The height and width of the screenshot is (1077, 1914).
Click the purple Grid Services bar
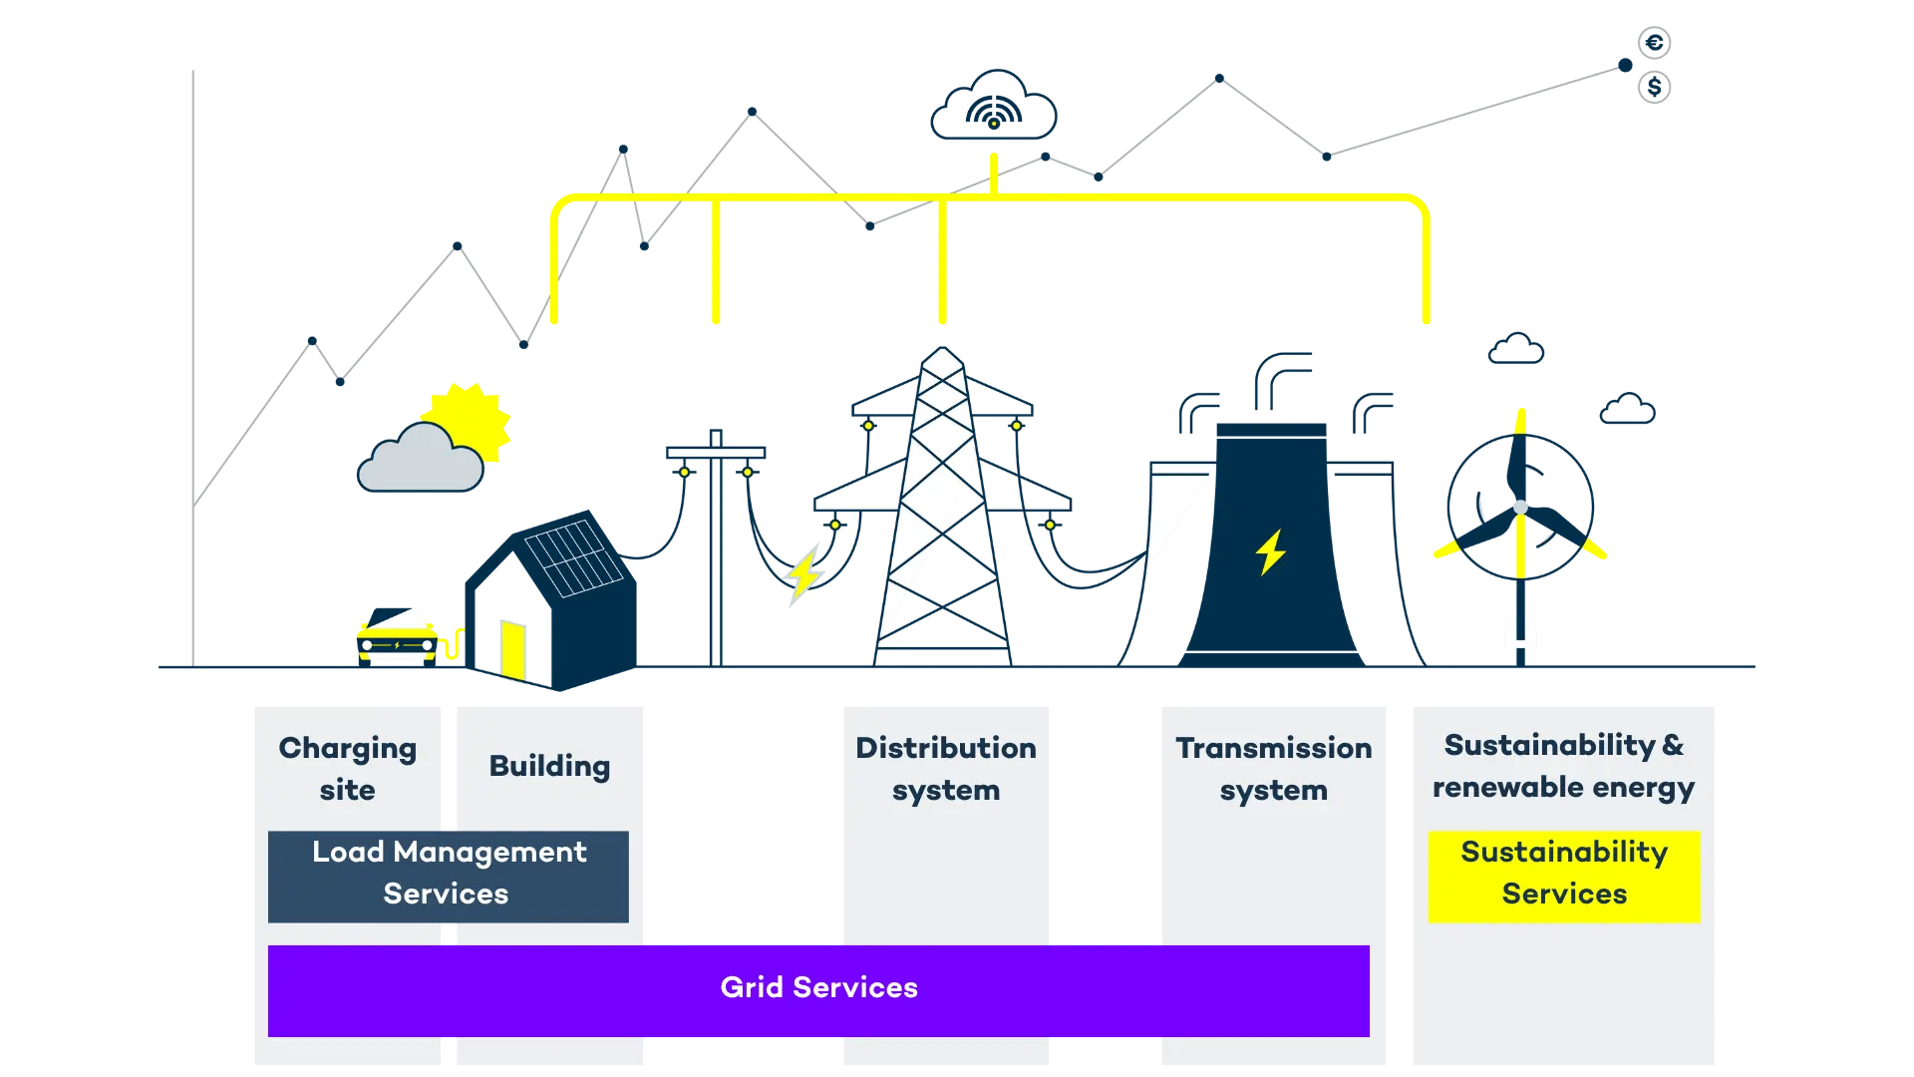pyautogui.click(x=817, y=989)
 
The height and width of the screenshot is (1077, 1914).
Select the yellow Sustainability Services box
pyautogui.click(x=1563, y=875)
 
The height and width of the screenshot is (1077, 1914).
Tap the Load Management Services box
pyautogui.click(x=448, y=875)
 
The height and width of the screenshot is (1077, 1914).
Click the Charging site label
pyautogui.click(x=347, y=768)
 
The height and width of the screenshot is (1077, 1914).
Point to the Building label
pyautogui.click(x=549, y=766)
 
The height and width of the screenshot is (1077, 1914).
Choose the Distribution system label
pyautogui.click(x=945, y=768)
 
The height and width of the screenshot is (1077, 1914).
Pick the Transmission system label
pyautogui.click(x=1273, y=768)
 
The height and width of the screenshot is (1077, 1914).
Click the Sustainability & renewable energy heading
pyautogui.click(x=1563, y=765)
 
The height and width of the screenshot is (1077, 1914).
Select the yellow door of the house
pyautogui.click(x=513, y=648)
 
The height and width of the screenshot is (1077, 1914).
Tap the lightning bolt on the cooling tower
pyautogui.click(x=1270, y=551)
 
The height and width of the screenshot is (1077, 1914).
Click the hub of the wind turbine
pyautogui.click(x=1520, y=508)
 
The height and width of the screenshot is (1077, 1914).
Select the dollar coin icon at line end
pyautogui.click(x=1654, y=87)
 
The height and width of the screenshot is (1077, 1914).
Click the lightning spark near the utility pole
pyautogui.click(x=803, y=575)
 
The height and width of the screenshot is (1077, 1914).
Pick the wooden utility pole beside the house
pyautogui.click(x=716, y=548)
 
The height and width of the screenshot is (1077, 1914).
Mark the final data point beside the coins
pyautogui.click(x=1625, y=65)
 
